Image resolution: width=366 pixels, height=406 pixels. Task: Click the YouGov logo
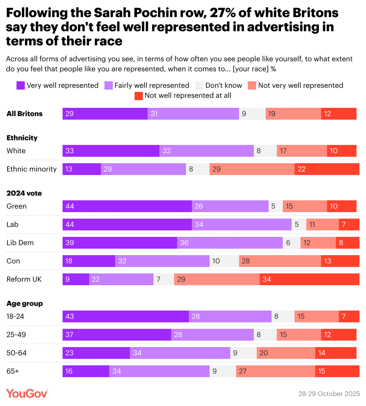pyautogui.click(x=27, y=393)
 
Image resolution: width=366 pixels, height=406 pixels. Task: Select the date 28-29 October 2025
pyautogui.click(x=329, y=394)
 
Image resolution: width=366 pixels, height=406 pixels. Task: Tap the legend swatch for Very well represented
pyautogui.click(x=21, y=86)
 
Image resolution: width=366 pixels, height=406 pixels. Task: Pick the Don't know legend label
pyautogui.click(x=224, y=86)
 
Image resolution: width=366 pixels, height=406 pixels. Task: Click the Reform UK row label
pyautogui.click(x=24, y=279)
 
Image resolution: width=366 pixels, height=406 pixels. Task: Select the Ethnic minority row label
pyautogui.click(x=32, y=169)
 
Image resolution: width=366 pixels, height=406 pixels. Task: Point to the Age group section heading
pyautogui.click(x=25, y=303)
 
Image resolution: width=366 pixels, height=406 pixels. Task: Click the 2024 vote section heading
pyautogui.click(x=24, y=193)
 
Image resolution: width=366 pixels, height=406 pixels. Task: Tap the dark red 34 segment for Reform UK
pyautogui.click(x=309, y=279)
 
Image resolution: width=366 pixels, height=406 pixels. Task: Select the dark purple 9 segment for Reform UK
pyautogui.click(x=76, y=279)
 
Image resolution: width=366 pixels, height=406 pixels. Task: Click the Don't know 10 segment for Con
pyautogui.click(x=224, y=261)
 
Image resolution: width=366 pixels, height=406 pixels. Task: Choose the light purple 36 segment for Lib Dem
pyautogui.click(x=230, y=243)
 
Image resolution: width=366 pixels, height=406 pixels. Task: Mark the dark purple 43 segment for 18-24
pyautogui.click(x=126, y=317)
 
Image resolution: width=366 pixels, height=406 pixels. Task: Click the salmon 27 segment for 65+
pyautogui.click(x=276, y=371)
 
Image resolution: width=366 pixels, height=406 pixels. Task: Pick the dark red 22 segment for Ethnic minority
pyautogui.click(x=327, y=169)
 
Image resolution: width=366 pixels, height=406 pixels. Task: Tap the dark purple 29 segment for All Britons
pyautogui.click(x=105, y=114)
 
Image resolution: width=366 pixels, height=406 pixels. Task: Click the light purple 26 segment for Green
pyautogui.click(x=230, y=206)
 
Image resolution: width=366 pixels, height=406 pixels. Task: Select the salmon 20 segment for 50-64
pyautogui.click(x=286, y=353)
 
